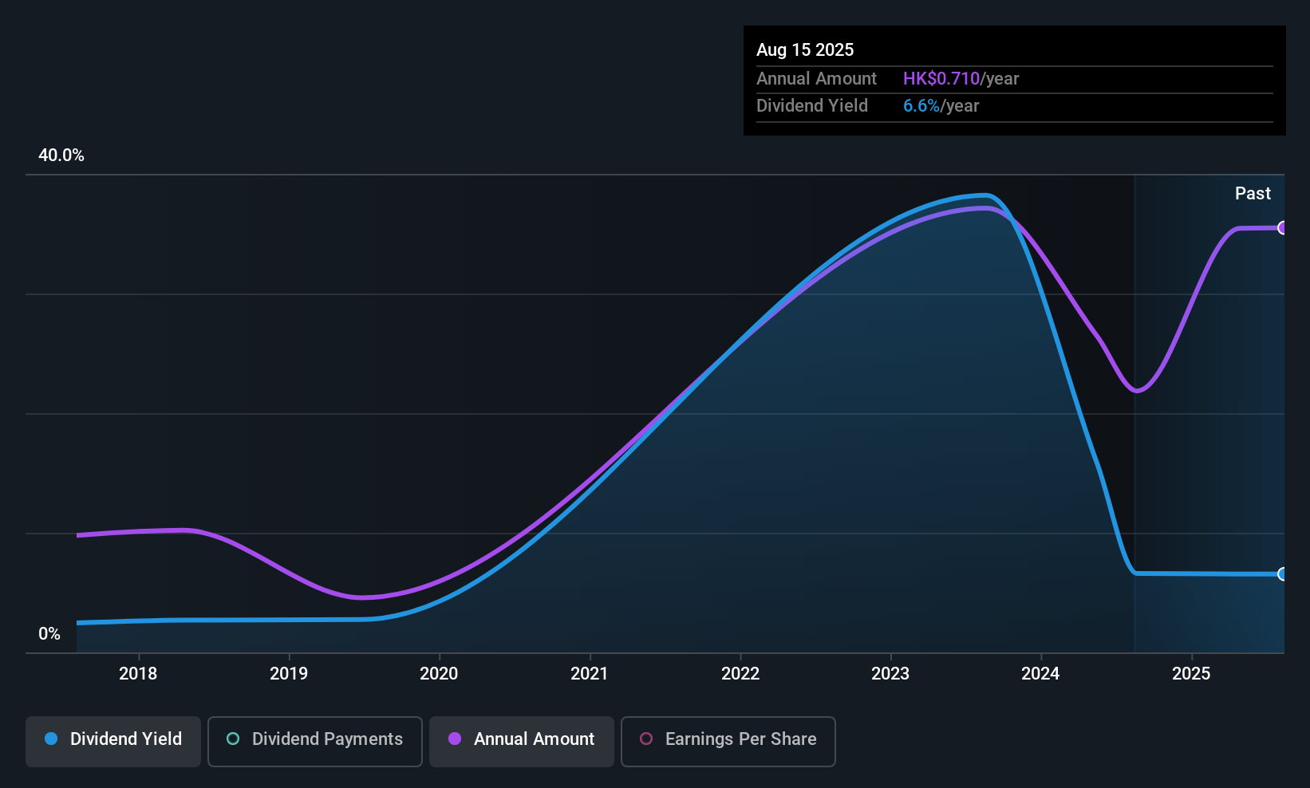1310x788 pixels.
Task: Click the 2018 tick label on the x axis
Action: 138,673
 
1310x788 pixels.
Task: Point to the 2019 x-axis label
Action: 289,673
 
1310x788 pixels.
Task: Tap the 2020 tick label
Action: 439,673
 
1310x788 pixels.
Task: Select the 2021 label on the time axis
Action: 590,673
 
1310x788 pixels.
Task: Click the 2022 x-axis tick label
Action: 740,673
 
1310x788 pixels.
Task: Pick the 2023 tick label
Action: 890,673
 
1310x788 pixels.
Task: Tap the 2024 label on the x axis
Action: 1040,673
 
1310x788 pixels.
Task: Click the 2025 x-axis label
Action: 1191,673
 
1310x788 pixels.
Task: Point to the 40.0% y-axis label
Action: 61,156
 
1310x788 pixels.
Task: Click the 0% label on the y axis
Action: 49,633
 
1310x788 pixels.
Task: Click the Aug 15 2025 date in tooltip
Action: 805,49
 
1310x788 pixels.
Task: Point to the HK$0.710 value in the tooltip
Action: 941,78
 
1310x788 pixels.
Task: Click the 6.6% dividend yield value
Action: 921,105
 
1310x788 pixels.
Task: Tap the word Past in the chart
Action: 1253,193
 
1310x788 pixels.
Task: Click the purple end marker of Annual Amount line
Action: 1282,228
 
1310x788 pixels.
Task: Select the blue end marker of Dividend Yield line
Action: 1282,574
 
